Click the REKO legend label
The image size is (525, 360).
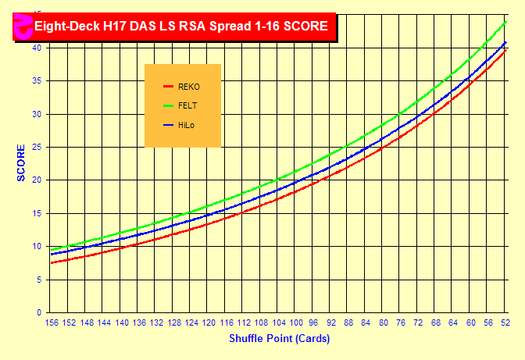click(x=189, y=87)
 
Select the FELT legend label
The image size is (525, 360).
click(x=187, y=105)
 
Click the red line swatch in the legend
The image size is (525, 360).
click(x=167, y=87)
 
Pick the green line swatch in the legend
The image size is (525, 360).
click(x=167, y=105)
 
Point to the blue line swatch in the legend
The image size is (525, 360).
click(x=167, y=125)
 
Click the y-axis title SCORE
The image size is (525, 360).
click(x=21, y=162)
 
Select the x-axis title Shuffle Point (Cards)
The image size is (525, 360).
click(x=279, y=339)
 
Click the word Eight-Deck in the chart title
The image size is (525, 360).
click(x=65, y=27)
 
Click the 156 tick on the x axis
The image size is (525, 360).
click(x=52, y=323)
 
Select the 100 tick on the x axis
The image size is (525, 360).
click(x=296, y=323)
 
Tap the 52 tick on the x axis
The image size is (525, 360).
click(x=505, y=323)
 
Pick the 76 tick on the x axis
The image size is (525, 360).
click(x=401, y=323)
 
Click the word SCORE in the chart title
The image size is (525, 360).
click(x=305, y=27)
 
